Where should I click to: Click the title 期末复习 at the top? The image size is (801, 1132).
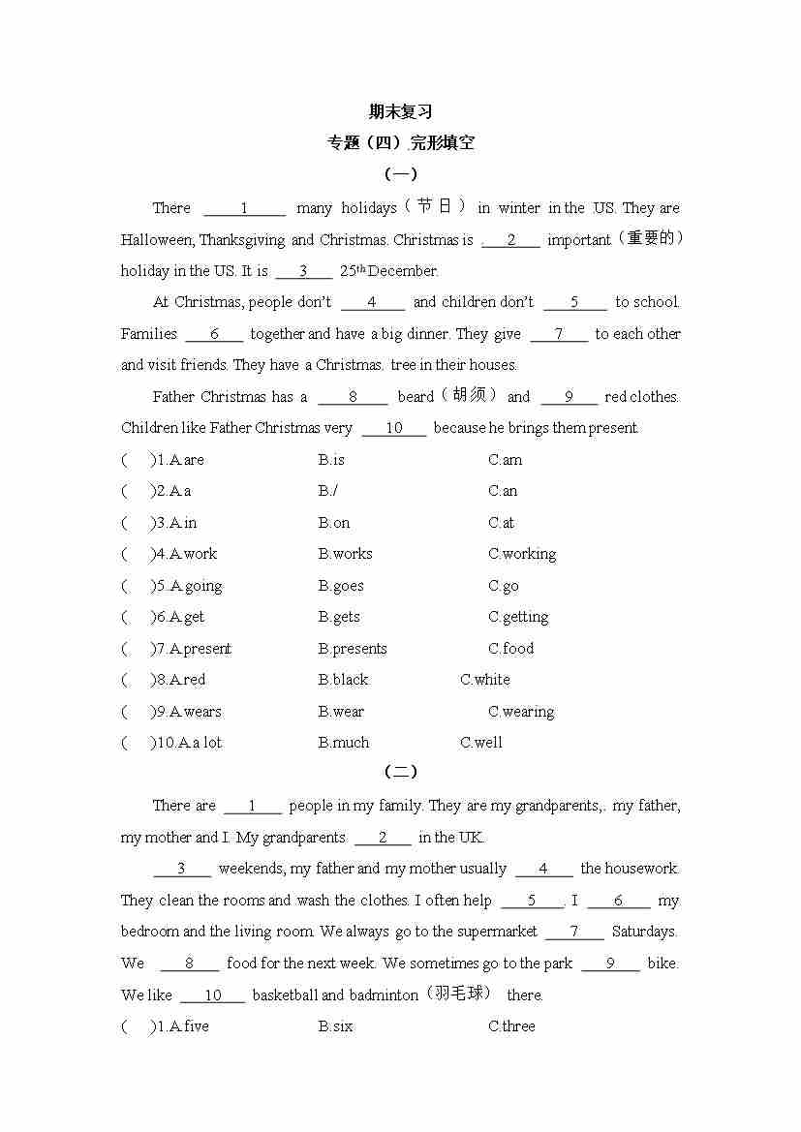(x=400, y=111)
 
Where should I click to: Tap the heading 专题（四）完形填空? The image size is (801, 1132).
(x=400, y=143)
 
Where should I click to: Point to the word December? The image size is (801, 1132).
(x=403, y=271)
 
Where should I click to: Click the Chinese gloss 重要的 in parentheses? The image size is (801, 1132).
(x=650, y=238)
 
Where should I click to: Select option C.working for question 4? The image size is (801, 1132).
(x=522, y=554)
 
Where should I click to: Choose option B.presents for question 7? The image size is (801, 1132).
(x=353, y=649)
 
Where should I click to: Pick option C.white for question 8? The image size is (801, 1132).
(x=485, y=680)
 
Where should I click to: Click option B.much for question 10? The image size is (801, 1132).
(x=344, y=743)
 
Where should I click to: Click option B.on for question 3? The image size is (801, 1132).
(x=334, y=523)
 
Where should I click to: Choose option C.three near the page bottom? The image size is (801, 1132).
(x=511, y=1026)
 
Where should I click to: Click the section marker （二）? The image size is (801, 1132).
(x=400, y=772)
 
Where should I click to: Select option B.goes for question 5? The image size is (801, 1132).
(x=341, y=586)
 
